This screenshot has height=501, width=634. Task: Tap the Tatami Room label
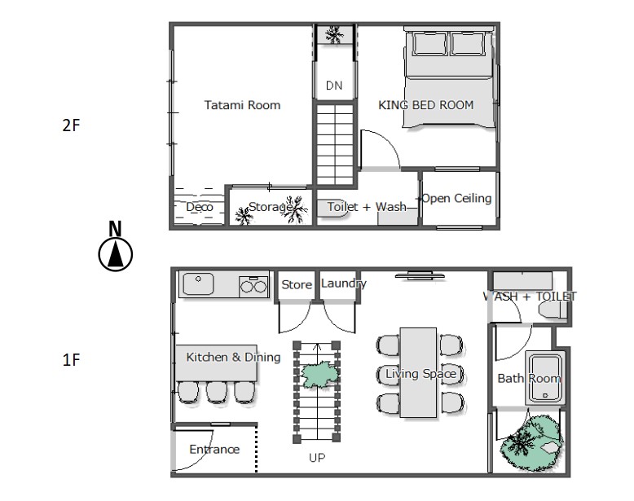tap(242, 105)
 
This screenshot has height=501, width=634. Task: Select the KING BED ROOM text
tap(425, 105)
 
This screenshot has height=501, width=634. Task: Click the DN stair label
tap(334, 86)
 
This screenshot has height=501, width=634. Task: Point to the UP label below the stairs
tap(317, 458)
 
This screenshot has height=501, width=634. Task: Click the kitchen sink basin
tap(198, 283)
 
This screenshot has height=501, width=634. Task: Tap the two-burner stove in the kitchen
tap(253, 286)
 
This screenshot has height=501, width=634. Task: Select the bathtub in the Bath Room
tap(544, 378)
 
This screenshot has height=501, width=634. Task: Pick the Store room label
tap(297, 284)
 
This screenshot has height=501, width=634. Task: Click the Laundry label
tap(344, 283)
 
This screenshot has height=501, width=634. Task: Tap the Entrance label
tap(214, 449)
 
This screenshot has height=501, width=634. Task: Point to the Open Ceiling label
tap(456, 199)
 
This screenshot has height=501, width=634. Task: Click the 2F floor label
tap(71, 125)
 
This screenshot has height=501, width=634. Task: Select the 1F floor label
tap(71, 359)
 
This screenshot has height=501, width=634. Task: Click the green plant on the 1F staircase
tap(319, 375)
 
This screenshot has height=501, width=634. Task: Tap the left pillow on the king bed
tap(430, 43)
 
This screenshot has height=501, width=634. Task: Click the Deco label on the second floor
tap(200, 207)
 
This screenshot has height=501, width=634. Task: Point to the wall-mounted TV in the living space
tap(420, 276)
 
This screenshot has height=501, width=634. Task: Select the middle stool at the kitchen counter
tap(217, 392)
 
